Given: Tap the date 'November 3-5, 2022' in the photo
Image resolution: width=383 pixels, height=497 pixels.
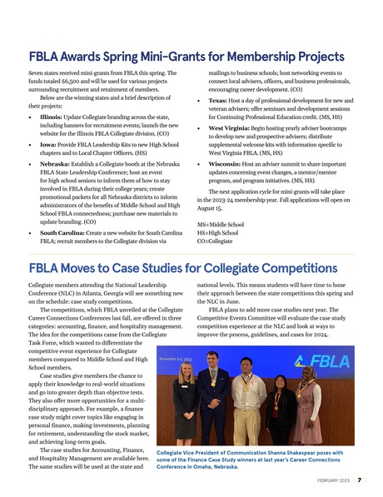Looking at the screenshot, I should pyautogui.click(x=181, y=359).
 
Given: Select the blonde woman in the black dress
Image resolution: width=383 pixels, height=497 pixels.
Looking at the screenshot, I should pyautogui.click(x=185, y=403).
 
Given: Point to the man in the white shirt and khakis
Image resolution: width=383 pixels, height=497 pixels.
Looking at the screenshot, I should pyautogui.click(x=245, y=404).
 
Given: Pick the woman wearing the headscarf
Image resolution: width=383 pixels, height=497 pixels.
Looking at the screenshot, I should pyautogui.click(x=309, y=408).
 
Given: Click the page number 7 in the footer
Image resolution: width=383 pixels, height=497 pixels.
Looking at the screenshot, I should pyautogui.click(x=358, y=481).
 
